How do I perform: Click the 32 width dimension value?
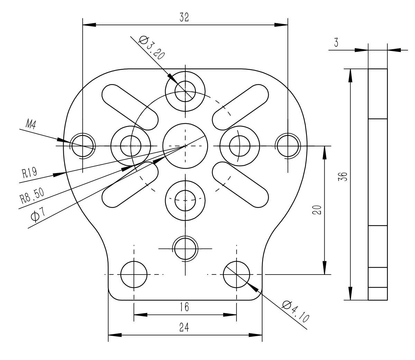(184, 18)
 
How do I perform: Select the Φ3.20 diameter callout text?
(151, 48)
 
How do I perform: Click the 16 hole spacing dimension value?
(184, 307)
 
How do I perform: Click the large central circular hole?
(185, 146)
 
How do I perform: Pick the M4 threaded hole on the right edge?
(288, 145)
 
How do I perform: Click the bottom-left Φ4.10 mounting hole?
(133, 274)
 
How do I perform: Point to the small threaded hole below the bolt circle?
(185, 249)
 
